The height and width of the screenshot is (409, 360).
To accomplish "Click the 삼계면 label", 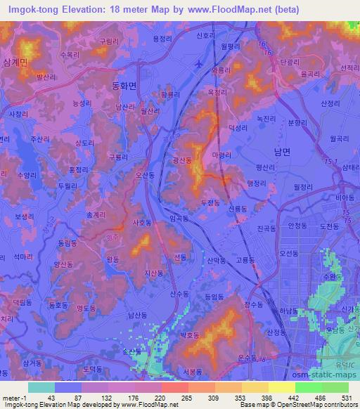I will [14, 62].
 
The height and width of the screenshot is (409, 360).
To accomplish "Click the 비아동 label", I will [344, 199].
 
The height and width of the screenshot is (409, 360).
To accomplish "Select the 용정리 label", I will [162, 39].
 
